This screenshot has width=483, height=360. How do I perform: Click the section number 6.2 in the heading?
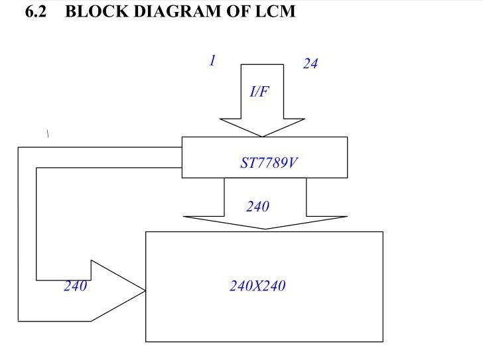[x=35, y=11]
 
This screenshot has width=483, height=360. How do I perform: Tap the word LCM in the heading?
[x=274, y=11]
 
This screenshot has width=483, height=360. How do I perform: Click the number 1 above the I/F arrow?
[x=212, y=60]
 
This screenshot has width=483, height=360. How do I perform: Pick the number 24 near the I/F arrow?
[x=310, y=64]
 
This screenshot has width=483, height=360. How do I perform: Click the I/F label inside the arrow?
[x=259, y=92]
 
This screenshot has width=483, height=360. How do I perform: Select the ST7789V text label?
[x=268, y=162]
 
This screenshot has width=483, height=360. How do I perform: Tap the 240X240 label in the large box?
[x=257, y=286]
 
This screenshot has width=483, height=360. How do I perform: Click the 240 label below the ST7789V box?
[x=257, y=207]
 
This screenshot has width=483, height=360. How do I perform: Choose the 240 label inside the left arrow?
[x=75, y=286]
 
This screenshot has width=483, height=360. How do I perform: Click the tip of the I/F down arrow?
[x=263, y=136]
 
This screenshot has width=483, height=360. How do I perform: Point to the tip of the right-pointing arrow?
[x=145, y=290]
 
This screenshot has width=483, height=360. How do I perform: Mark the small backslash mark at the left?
[x=48, y=134]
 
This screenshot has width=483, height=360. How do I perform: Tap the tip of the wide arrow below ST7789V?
[x=265, y=229]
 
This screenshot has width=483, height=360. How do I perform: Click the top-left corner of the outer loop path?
[x=18, y=147]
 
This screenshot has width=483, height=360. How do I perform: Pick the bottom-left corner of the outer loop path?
[x=18, y=321]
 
